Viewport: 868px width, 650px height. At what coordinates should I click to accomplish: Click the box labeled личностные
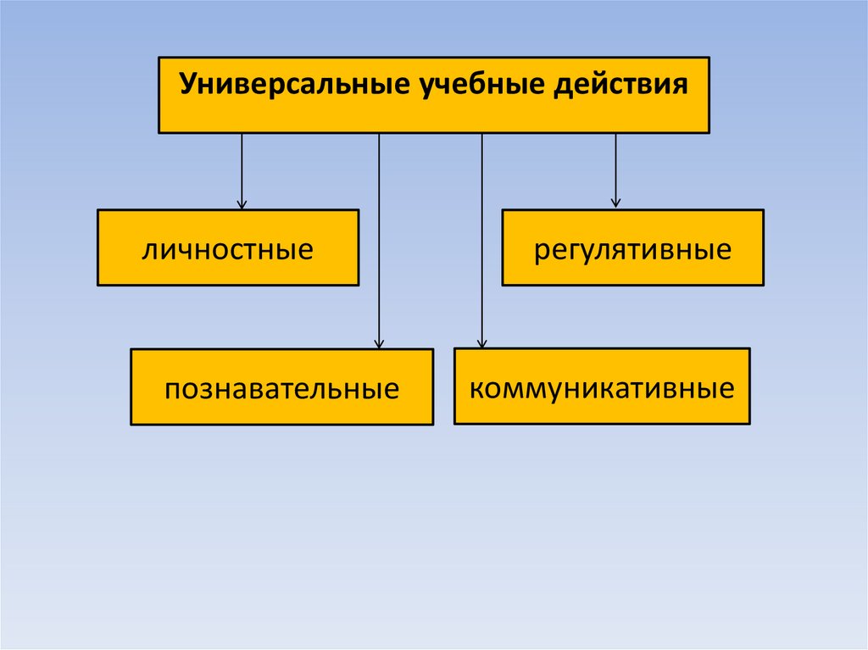228,247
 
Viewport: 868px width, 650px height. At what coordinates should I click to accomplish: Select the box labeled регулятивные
632,247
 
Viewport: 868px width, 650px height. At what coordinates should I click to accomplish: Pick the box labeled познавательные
281,386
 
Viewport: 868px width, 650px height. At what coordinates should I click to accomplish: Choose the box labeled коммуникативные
602,386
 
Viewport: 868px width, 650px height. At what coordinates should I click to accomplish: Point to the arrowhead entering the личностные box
242,204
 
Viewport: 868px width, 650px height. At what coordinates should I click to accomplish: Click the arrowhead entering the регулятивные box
615,203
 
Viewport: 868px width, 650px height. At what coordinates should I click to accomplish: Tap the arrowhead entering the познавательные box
379,343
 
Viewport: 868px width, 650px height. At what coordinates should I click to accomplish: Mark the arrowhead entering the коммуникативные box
482,343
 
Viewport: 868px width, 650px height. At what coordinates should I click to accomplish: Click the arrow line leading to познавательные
379,237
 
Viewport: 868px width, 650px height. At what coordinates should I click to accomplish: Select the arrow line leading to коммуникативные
482,237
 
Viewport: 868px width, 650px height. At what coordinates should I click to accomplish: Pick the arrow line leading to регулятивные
615,166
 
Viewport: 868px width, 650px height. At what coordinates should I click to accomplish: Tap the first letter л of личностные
149,251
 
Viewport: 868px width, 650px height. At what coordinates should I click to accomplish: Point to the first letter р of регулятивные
540,252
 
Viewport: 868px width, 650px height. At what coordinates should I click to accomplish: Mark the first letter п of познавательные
172,391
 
